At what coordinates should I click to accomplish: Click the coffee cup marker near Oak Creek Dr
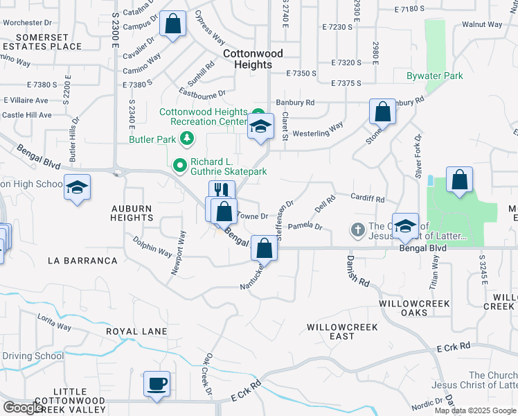[x=157, y=383]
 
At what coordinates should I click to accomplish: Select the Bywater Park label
[x=435, y=75]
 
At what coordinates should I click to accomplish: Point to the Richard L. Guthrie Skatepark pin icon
[x=179, y=166]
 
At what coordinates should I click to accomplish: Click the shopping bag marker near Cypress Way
[x=172, y=24]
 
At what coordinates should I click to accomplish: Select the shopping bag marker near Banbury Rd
[x=382, y=112]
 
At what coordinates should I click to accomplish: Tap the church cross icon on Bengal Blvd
[x=357, y=229]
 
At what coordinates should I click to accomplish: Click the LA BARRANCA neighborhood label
[x=82, y=261]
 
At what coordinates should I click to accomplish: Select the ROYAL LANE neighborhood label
[x=136, y=331]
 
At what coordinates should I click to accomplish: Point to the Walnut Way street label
[x=483, y=24]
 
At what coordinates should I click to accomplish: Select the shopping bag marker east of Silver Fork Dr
[x=459, y=180]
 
